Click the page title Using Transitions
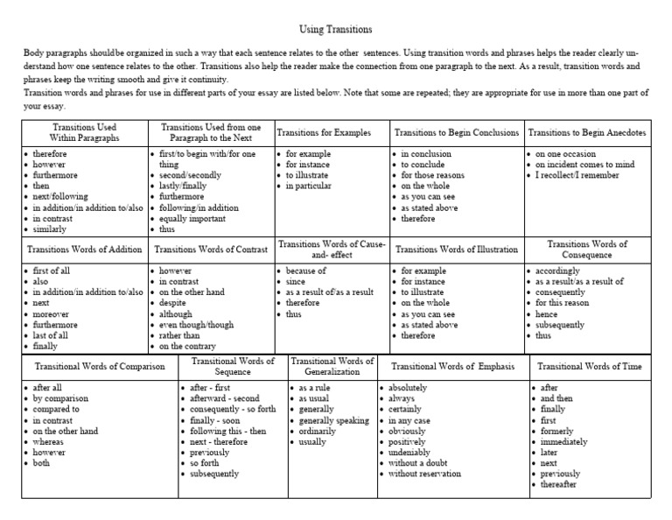(x=336, y=29)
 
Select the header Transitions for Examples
(x=324, y=133)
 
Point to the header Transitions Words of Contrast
(x=211, y=249)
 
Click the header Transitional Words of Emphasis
(x=452, y=366)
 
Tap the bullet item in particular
(x=308, y=186)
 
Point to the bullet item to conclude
(x=424, y=164)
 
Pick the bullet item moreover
(x=52, y=313)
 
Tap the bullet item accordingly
(x=560, y=271)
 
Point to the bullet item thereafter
(x=559, y=485)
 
